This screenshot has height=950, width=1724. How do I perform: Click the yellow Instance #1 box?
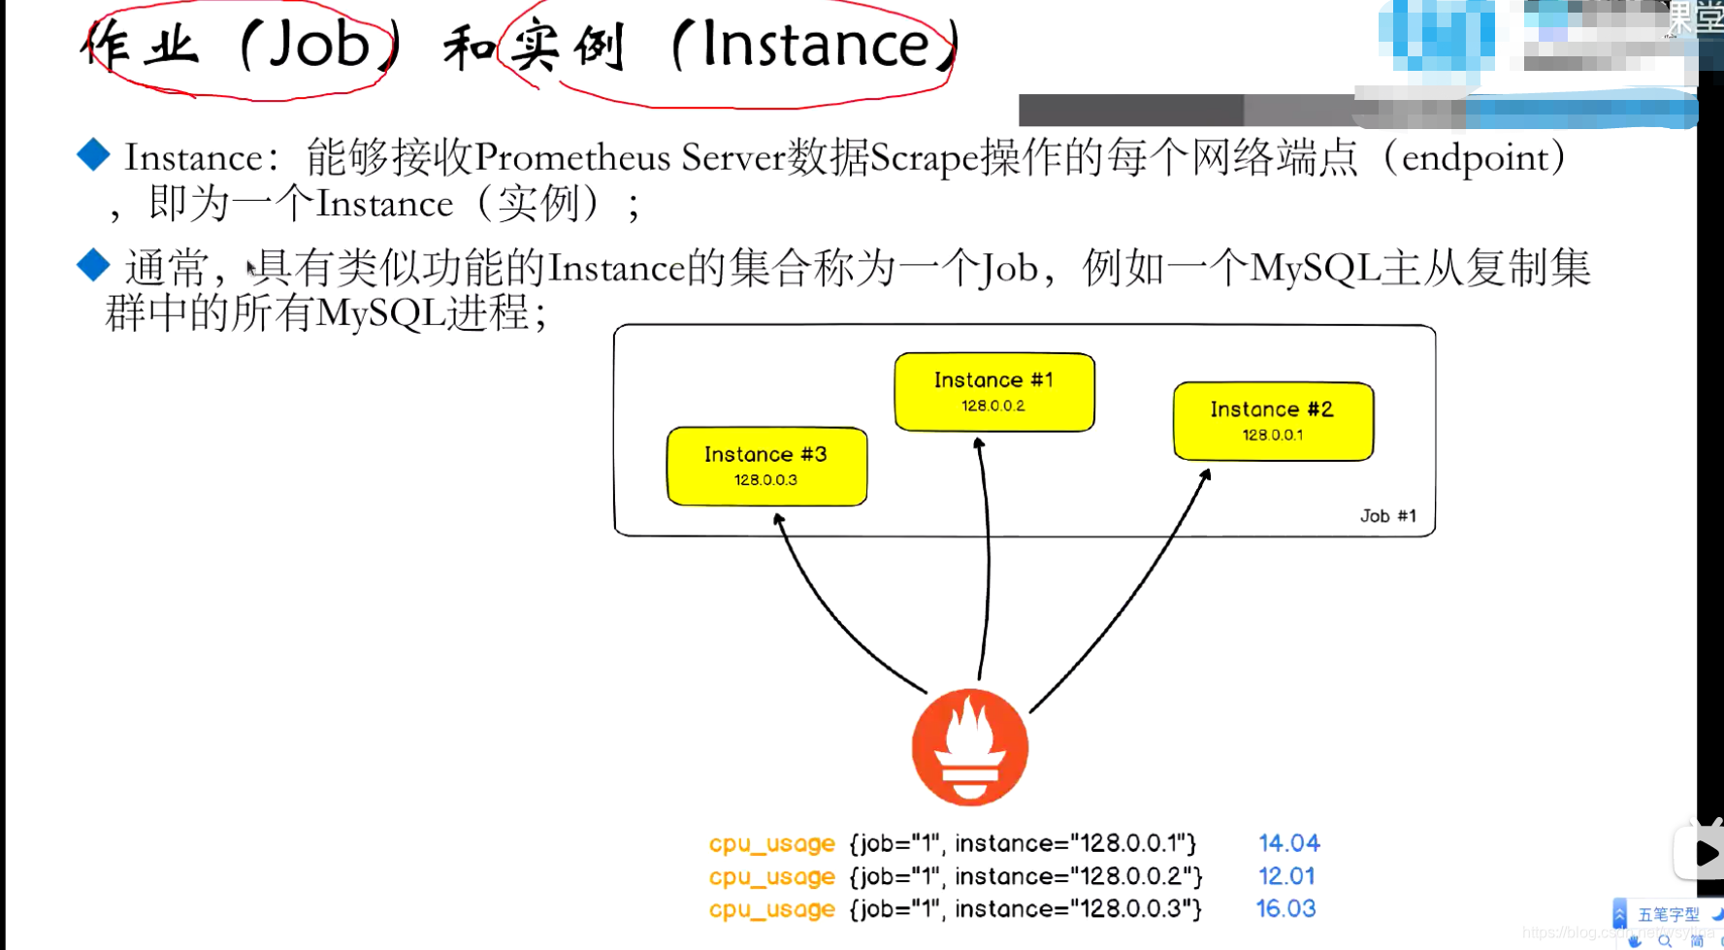[x=994, y=392]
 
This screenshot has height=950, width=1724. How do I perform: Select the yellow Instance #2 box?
[x=1273, y=421]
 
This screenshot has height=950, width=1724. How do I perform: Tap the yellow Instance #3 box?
[x=766, y=466]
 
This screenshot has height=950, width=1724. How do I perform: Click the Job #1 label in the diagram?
[x=1387, y=516]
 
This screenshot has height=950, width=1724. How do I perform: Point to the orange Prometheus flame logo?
[x=969, y=747]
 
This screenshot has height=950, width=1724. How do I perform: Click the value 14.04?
[x=1288, y=843]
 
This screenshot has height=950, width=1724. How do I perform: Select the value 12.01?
[x=1286, y=876]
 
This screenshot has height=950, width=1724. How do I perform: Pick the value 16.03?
[x=1285, y=909]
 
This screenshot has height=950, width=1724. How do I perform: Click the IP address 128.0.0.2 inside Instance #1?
[x=993, y=406]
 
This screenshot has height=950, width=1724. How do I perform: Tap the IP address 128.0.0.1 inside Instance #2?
[x=1273, y=435]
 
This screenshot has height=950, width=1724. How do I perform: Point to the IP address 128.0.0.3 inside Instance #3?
[x=765, y=479]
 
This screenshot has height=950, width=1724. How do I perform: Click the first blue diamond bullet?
[x=93, y=154]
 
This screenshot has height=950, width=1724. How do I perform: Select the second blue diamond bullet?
[x=93, y=265]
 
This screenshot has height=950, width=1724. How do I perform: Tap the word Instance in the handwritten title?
[x=815, y=45]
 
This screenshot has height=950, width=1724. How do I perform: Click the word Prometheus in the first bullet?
[x=572, y=157]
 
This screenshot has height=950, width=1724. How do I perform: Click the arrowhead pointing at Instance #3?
[x=778, y=520]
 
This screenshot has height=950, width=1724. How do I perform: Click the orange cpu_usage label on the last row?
[x=771, y=909]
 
